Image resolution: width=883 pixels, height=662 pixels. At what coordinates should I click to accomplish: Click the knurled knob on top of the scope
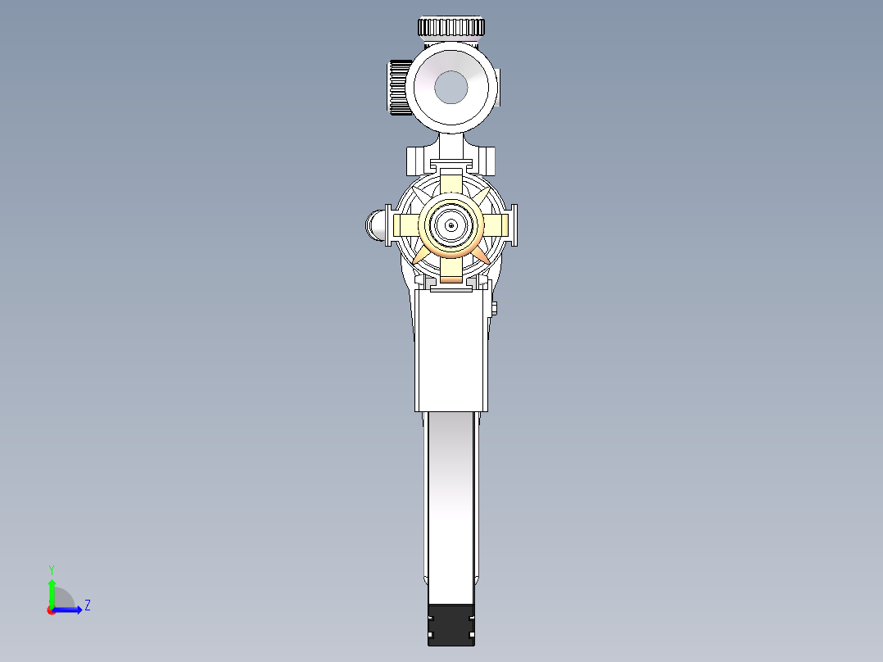[x=451, y=27]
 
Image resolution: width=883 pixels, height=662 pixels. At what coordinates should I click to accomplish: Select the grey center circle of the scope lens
[x=451, y=87]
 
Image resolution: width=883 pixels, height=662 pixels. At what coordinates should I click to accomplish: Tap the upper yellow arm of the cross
[x=451, y=184]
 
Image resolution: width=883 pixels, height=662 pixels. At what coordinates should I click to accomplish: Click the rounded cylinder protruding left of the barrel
[x=376, y=224]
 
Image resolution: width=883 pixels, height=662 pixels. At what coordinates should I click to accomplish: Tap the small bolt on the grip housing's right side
[x=495, y=308]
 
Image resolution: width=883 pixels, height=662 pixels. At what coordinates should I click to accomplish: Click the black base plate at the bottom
[x=451, y=624]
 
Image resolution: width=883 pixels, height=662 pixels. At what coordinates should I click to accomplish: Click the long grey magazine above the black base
[x=451, y=500]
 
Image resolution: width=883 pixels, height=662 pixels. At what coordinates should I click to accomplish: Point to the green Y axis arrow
[x=51, y=591]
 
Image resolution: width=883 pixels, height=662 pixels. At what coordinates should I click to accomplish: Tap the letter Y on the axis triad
[x=51, y=569]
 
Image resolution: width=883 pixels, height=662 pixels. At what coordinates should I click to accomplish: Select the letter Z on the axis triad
[x=87, y=605]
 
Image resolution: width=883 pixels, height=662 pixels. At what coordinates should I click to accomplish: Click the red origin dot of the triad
[x=51, y=610]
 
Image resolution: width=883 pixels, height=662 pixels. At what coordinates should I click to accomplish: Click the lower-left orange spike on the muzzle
[x=419, y=256]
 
